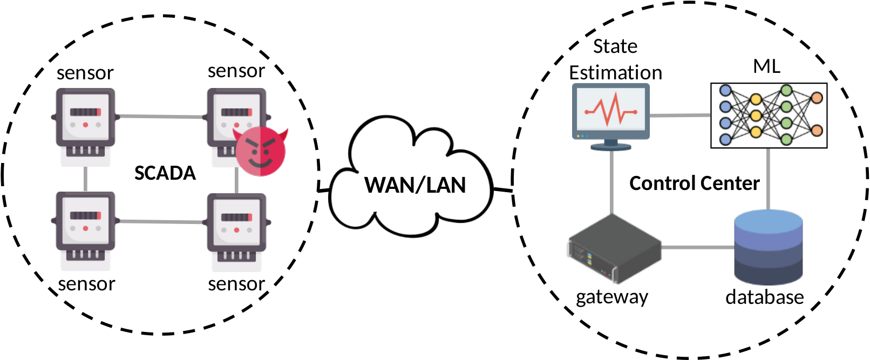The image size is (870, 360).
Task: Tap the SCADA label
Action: click(x=165, y=173)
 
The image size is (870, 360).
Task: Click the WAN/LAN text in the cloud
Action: click(x=415, y=185)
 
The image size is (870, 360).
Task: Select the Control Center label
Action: click(x=695, y=184)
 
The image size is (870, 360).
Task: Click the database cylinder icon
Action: click(x=768, y=247)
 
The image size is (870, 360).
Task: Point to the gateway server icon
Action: click(x=614, y=248)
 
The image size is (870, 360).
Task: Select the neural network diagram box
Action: click(x=769, y=116)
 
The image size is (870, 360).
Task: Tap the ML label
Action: click(x=767, y=66)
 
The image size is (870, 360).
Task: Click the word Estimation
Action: click(x=616, y=73)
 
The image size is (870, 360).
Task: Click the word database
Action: click(x=765, y=297)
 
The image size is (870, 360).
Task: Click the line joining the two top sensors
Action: click(x=161, y=116)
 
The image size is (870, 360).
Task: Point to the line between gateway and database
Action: click(x=697, y=247)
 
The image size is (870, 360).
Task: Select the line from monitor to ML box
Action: click(x=680, y=116)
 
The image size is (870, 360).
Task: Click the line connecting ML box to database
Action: click(x=768, y=179)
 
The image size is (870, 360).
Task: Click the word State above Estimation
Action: click(x=615, y=46)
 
